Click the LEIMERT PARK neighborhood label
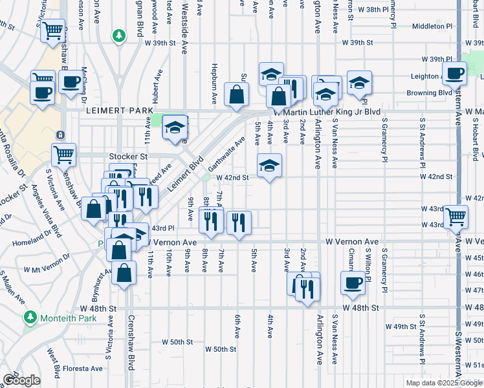point(116,111)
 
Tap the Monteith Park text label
point(69,318)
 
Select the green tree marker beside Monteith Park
point(30,318)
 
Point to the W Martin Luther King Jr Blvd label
point(327,111)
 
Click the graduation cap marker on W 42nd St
point(269,165)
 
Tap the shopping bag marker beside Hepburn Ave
point(237,94)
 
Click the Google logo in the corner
point(21,380)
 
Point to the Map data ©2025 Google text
point(444,383)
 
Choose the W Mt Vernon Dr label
point(49,268)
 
